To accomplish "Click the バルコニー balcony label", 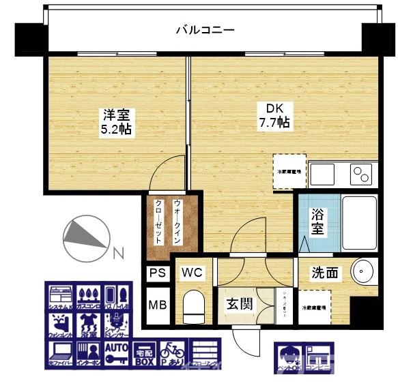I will tap(205, 29).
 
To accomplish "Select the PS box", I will tap(157, 273).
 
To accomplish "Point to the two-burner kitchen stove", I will tap(362, 175).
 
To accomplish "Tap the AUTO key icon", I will tap(116, 352).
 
